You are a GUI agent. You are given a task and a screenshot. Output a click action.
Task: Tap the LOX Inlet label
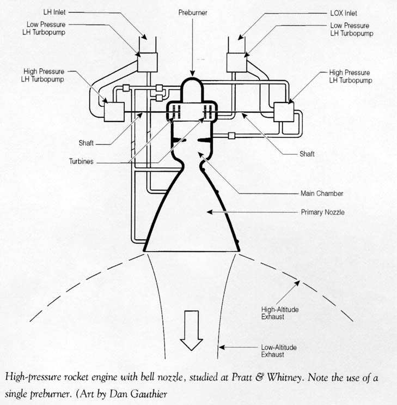pyautogui.click(x=343, y=13)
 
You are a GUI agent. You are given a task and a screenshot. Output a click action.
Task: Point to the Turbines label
pyautogui.click(x=81, y=162)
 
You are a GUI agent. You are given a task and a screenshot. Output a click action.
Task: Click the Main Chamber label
pyautogui.click(x=322, y=193)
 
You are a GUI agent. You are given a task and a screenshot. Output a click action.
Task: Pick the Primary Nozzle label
pyautogui.click(x=323, y=212)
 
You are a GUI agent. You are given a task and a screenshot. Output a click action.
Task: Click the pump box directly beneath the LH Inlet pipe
pyautogui.click(x=145, y=62)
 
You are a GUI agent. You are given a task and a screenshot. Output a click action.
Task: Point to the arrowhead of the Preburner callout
pyautogui.click(x=192, y=74)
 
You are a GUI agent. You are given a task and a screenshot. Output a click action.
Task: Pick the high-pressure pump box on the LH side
pyautogui.click(x=112, y=113)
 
